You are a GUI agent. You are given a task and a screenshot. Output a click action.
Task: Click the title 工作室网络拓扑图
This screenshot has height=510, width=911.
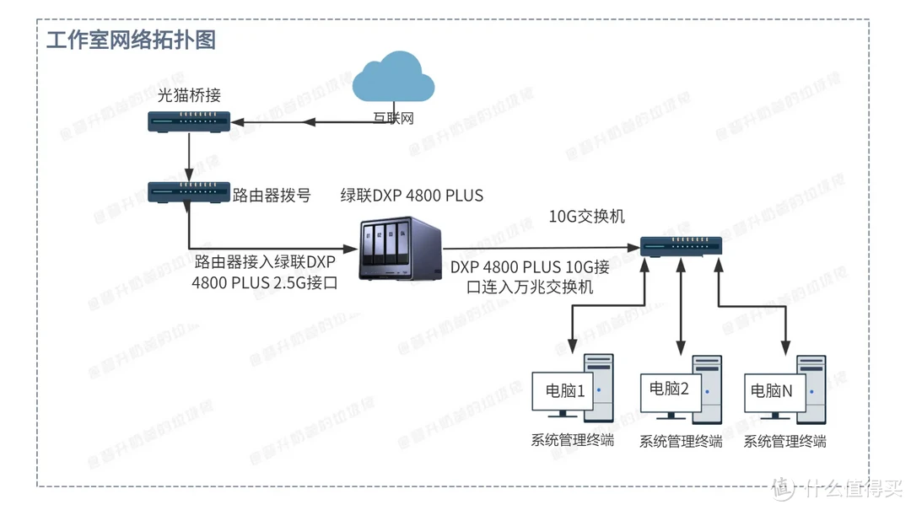tap(131, 40)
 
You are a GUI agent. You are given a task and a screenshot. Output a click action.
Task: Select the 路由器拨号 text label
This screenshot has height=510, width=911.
tap(272, 196)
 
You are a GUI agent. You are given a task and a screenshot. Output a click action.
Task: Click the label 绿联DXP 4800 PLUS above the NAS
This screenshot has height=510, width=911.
tap(412, 196)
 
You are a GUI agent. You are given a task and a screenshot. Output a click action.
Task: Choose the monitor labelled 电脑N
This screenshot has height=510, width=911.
tap(773, 392)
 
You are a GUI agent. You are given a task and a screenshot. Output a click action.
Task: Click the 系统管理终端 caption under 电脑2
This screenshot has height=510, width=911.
tap(681, 442)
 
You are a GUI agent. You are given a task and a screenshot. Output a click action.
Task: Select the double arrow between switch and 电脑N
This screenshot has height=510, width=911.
tap(751, 308)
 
